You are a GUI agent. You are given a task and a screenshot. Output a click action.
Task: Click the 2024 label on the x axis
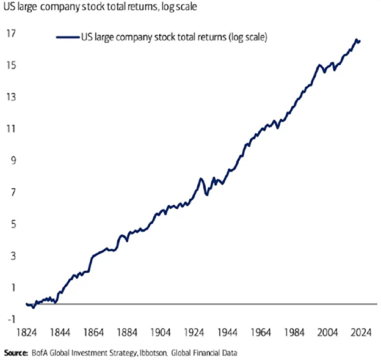pos(361,331)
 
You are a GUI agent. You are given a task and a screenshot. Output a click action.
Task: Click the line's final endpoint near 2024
pos(360,41)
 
